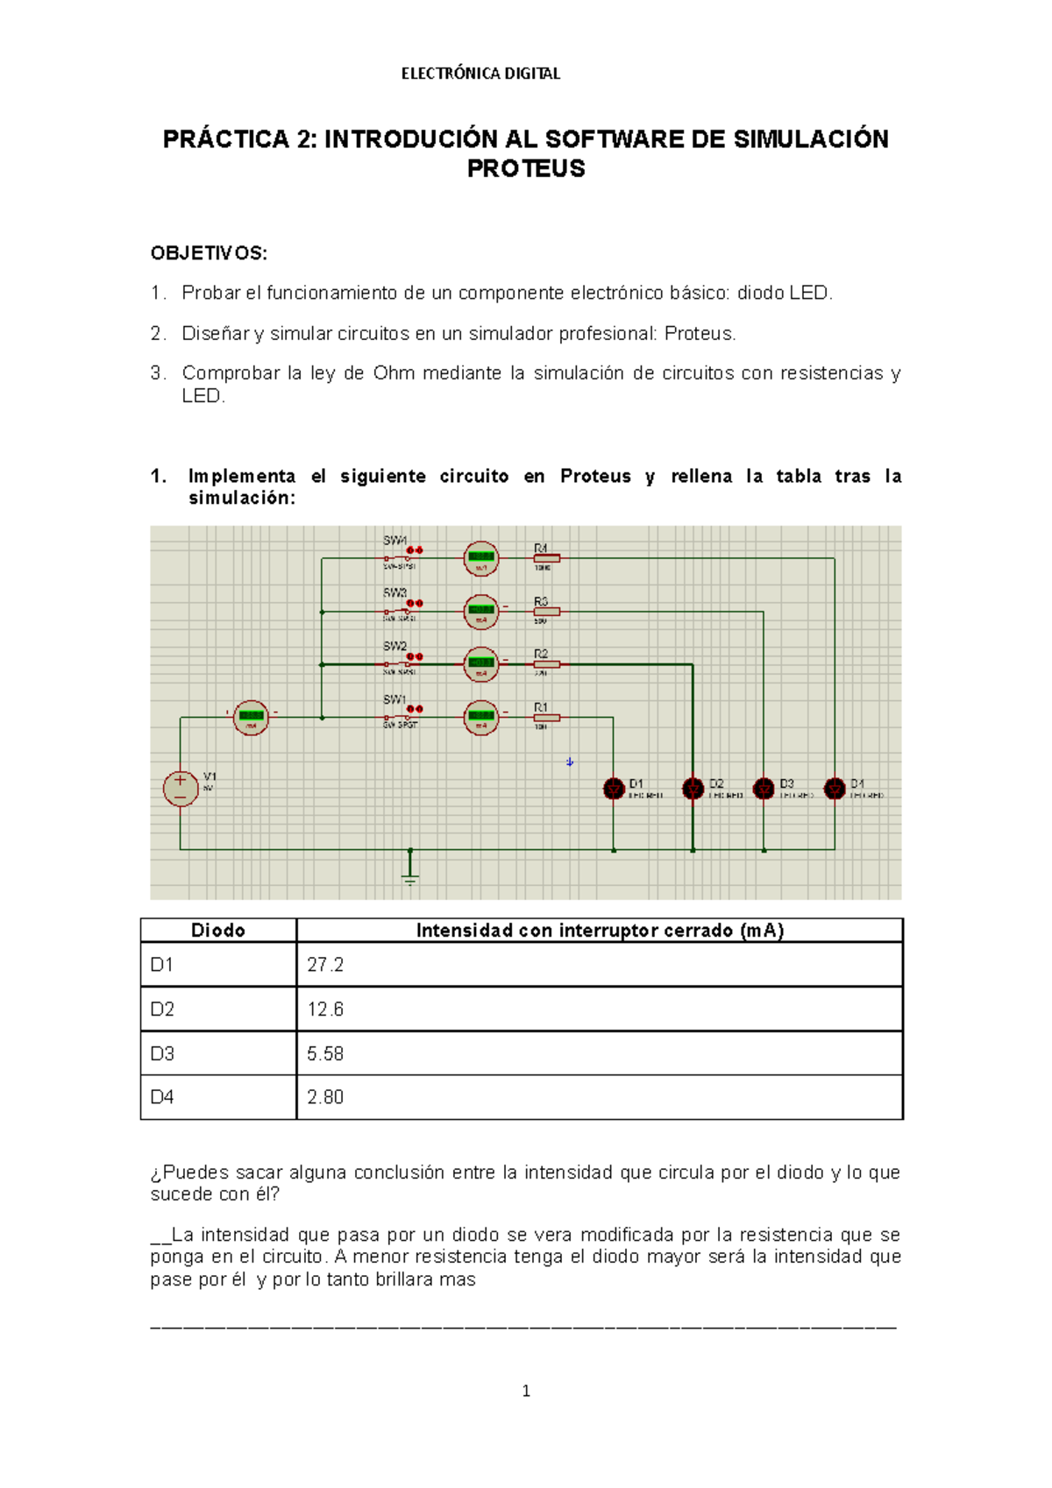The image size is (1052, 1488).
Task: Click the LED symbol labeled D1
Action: click(x=614, y=789)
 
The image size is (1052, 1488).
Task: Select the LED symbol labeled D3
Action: click(x=764, y=789)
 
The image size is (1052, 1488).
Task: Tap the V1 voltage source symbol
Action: click(x=181, y=787)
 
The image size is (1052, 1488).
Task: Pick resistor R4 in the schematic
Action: click(x=546, y=557)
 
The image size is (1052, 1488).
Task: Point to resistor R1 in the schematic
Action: click(x=546, y=718)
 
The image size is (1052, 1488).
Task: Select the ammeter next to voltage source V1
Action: click(x=251, y=717)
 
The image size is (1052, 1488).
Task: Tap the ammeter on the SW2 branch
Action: click(x=480, y=664)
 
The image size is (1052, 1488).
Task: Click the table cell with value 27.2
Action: click(x=599, y=965)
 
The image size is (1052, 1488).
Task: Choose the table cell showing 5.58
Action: click(x=599, y=1053)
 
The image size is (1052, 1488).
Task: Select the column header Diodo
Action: click(x=218, y=931)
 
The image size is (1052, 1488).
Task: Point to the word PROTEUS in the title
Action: click(x=526, y=168)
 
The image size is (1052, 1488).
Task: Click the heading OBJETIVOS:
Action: click(x=209, y=253)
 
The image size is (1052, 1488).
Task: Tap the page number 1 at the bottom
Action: click(x=526, y=1391)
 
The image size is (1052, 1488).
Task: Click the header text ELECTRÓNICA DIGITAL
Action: click(x=480, y=74)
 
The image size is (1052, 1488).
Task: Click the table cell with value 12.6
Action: click(x=599, y=1010)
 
